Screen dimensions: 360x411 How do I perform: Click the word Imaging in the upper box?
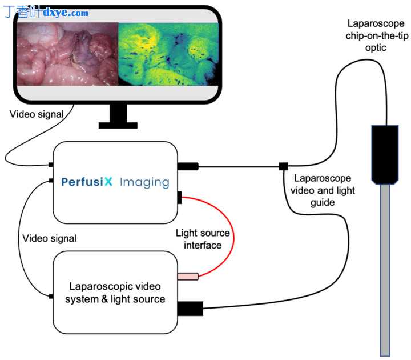pos(144,182)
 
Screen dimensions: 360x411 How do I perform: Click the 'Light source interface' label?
pos(203,239)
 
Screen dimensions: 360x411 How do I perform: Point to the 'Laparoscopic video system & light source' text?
pos(115,293)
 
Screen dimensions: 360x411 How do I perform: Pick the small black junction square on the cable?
pos(283,166)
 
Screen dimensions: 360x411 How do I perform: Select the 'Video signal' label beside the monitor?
pos(37,114)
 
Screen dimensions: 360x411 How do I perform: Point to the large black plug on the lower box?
pos(191,309)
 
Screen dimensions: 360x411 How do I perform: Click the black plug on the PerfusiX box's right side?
pos(188,166)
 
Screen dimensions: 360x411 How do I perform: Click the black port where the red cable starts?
pos(179,198)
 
